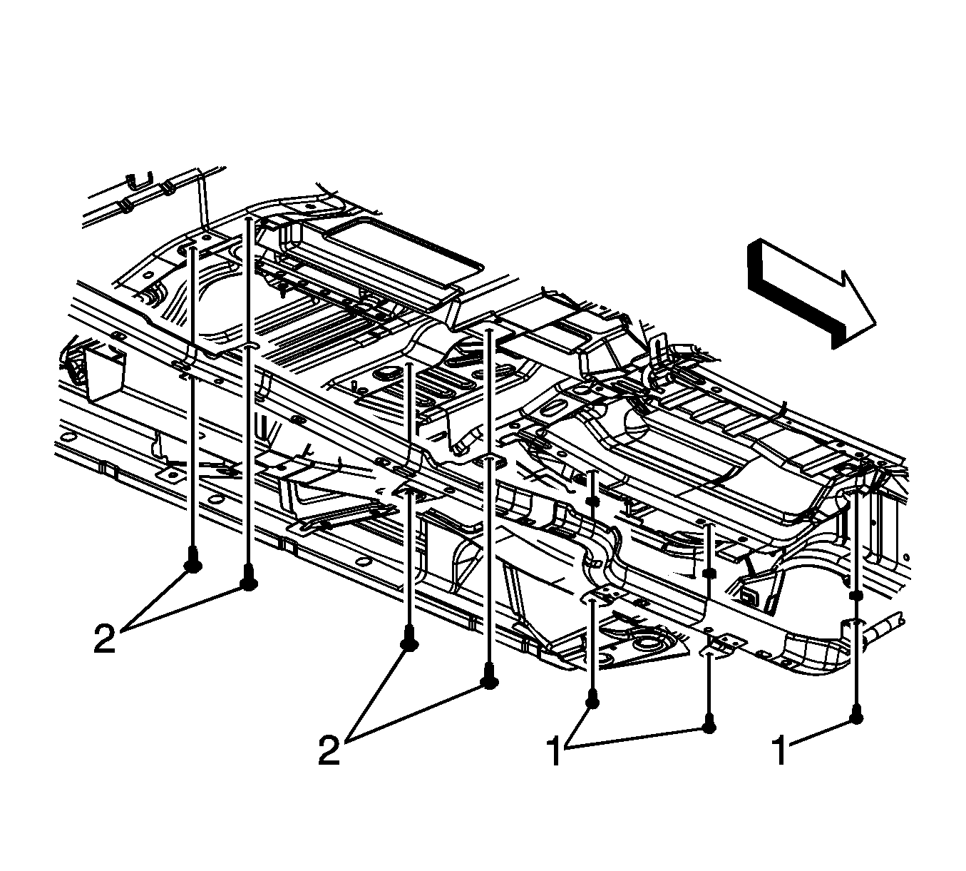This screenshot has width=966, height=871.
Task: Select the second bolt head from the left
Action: tap(248, 581)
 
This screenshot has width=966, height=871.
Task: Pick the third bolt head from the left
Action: tap(409, 643)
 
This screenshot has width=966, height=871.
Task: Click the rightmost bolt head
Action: tap(856, 717)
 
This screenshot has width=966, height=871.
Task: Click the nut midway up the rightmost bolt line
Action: tap(856, 594)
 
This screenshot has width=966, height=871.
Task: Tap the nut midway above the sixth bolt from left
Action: tap(709, 573)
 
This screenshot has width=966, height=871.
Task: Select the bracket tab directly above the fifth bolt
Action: tap(603, 594)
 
